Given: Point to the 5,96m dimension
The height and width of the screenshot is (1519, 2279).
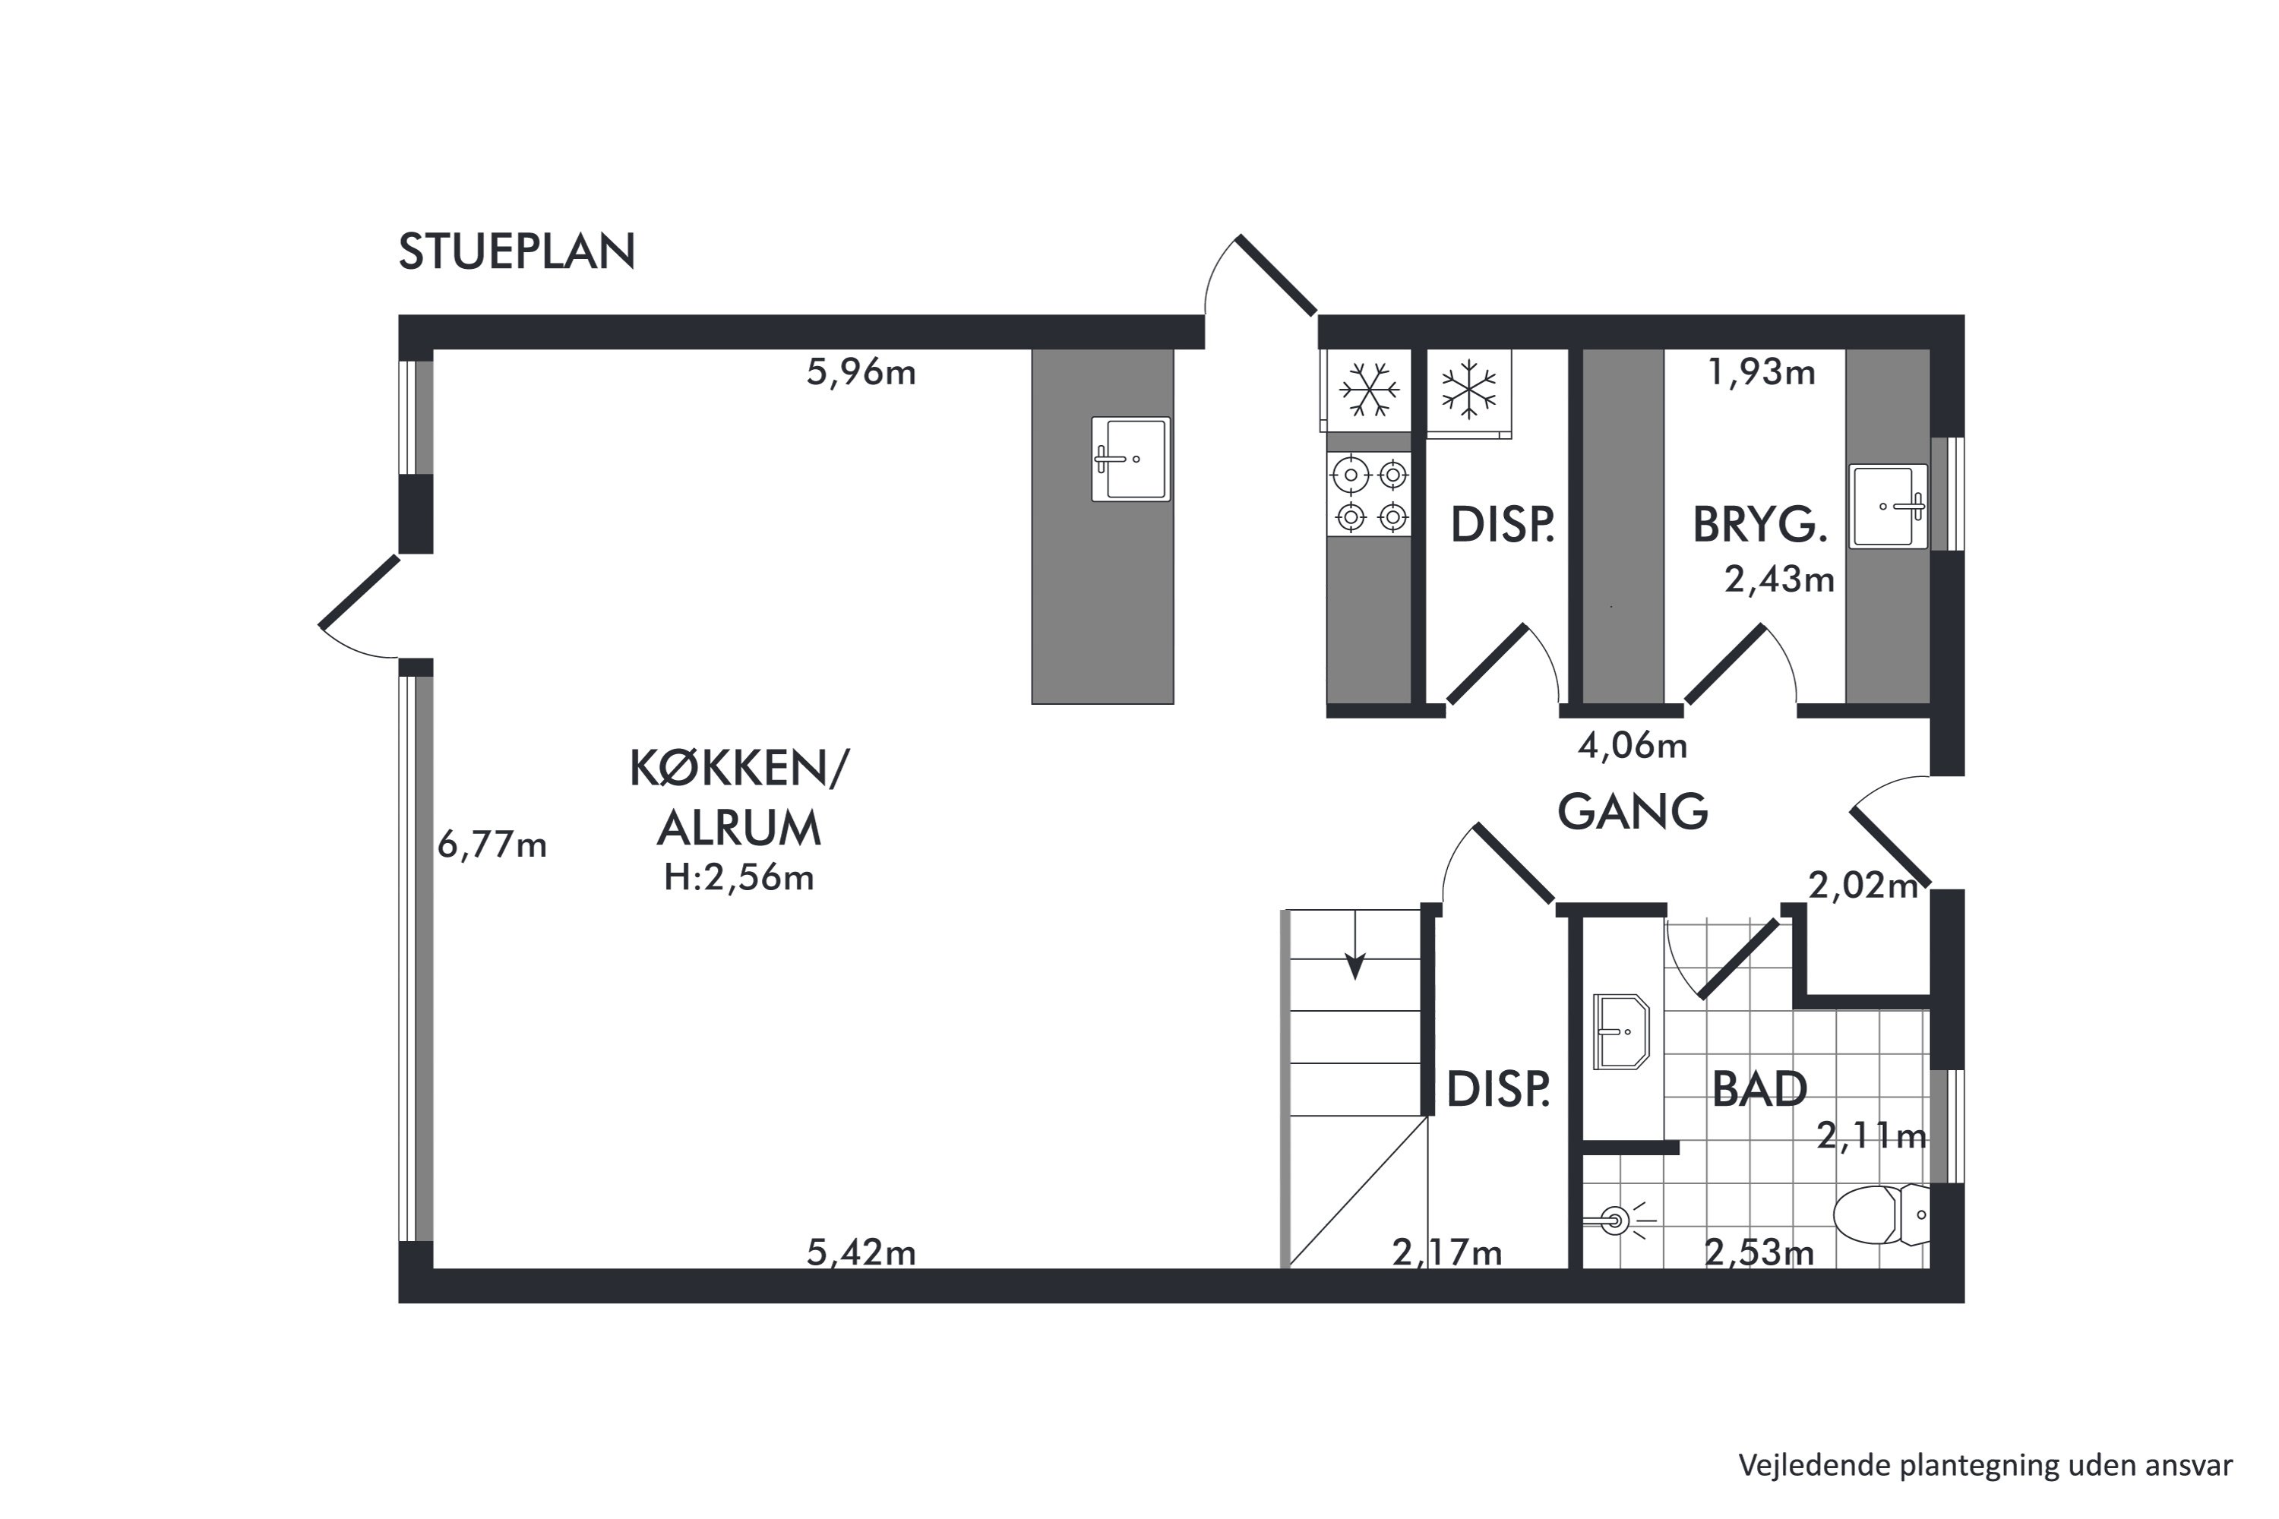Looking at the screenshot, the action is [x=861, y=372].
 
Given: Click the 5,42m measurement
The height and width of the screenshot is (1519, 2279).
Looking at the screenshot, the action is [x=861, y=1252].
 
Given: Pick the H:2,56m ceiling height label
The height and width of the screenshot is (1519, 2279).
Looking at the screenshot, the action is [x=738, y=878].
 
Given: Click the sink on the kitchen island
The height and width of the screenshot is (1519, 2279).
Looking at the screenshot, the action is [x=1131, y=459].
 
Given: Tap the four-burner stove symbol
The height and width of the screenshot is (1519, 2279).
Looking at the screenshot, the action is [x=1369, y=495].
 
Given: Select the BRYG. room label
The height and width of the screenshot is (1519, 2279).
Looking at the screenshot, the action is [x=1759, y=525].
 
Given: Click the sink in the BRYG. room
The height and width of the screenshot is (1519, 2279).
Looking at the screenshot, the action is [x=1888, y=507].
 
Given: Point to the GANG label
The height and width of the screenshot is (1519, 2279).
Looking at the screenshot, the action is [x=1633, y=812].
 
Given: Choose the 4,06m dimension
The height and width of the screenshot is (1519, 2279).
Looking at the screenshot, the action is [x=1633, y=745].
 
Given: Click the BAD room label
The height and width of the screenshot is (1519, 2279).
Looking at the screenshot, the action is [x=1759, y=1090].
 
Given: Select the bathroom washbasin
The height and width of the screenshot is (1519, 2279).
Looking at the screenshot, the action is [x=1621, y=1031].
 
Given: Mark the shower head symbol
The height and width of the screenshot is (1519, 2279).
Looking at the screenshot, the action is [x=1614, y=1221].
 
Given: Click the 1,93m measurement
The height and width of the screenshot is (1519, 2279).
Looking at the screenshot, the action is [x=1761, y=372].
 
